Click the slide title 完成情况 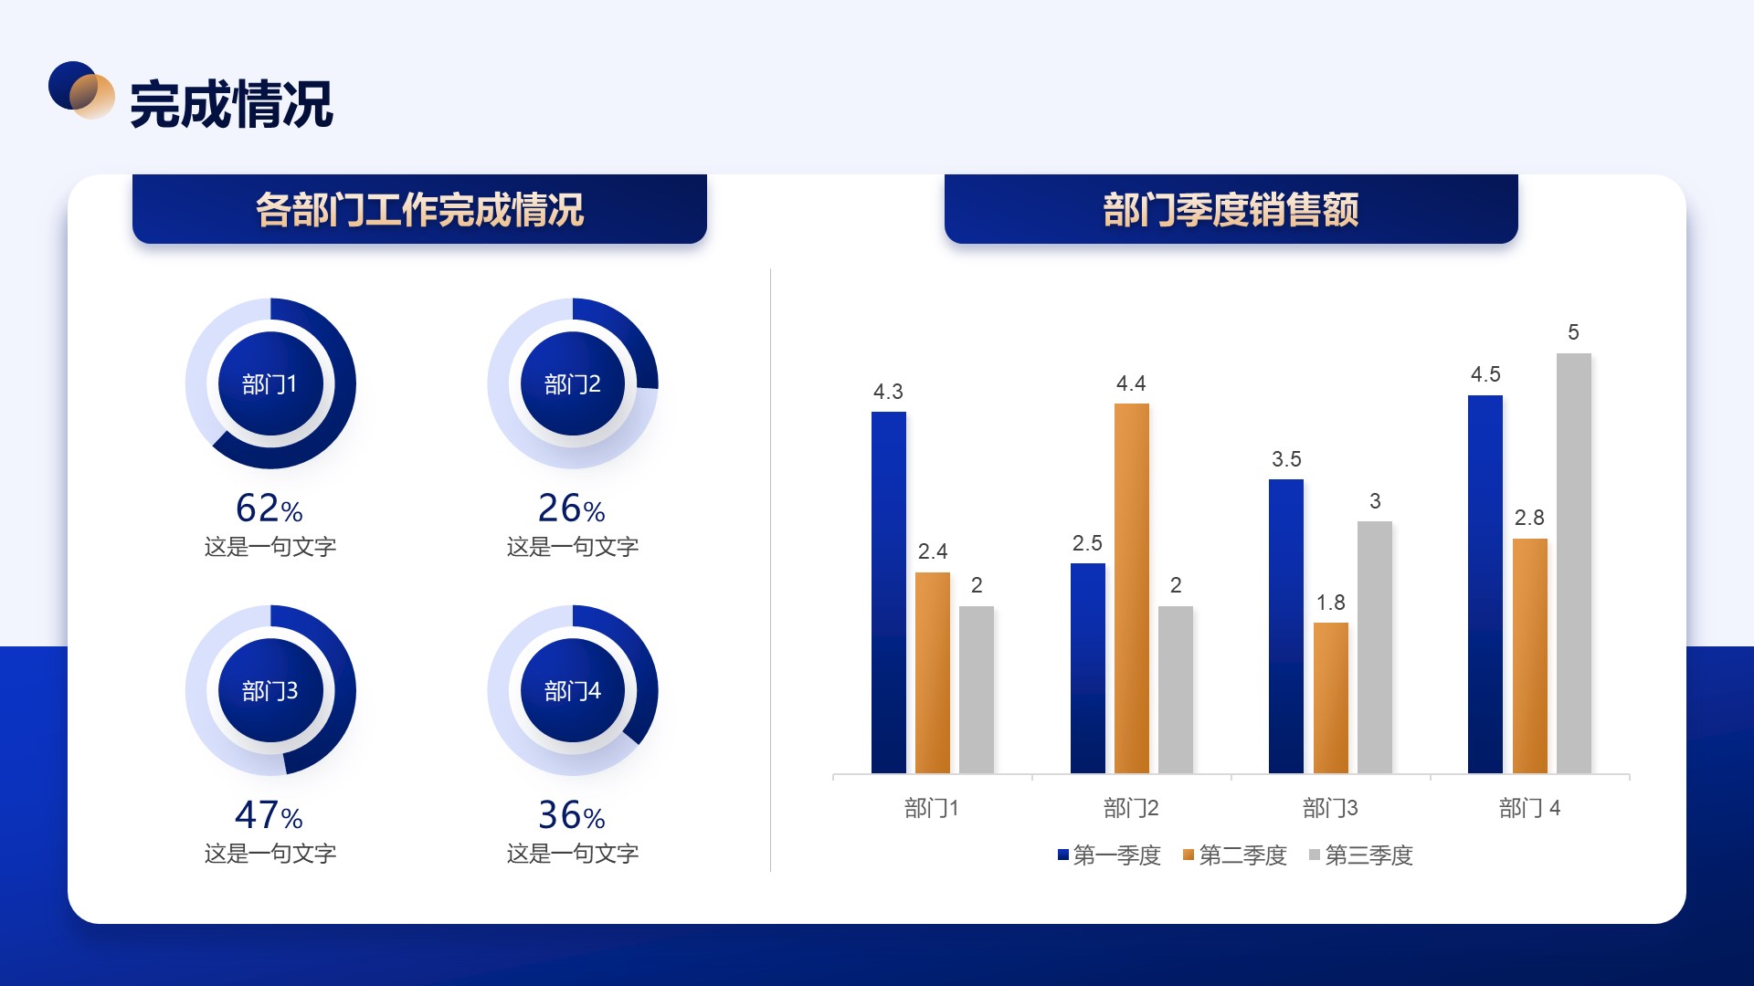click(231, 104)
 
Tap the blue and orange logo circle click(81, 89)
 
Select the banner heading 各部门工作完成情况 click(419, 209)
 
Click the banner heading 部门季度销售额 click(1231, 209)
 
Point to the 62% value click(269, 508)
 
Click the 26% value click(572, 508)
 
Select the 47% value click(269, 814)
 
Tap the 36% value click(572, 814)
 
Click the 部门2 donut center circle click(573, 383)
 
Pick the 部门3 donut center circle click(270, 690)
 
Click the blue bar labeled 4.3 click(889, 593)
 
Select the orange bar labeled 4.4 click(1132, 588)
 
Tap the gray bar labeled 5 click(1574, 563)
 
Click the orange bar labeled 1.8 click(1331, 698)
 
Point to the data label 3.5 click(1286, 459)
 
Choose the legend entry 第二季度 click(1234, 855)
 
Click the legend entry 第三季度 click(1360, 855)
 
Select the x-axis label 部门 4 click(1530, 808)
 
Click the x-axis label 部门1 click(932, 808)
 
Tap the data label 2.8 click(1529, 518)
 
